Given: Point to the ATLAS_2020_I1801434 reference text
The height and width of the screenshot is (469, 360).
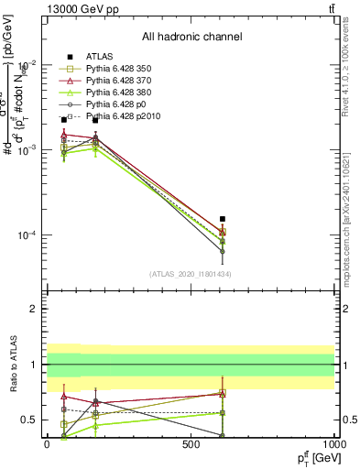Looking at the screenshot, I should click(x=191, y=274).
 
